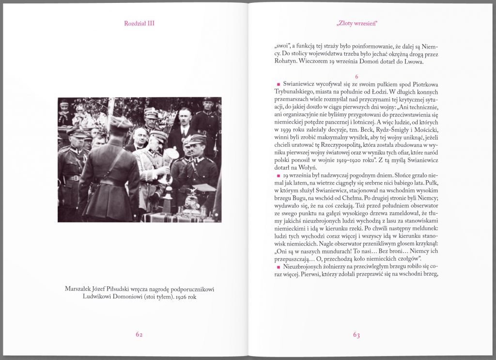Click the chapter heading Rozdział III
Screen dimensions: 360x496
139,23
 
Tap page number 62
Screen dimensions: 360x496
139,334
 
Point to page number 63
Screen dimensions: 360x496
356,334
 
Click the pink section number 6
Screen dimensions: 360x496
356,77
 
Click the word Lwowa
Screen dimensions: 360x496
415,62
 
